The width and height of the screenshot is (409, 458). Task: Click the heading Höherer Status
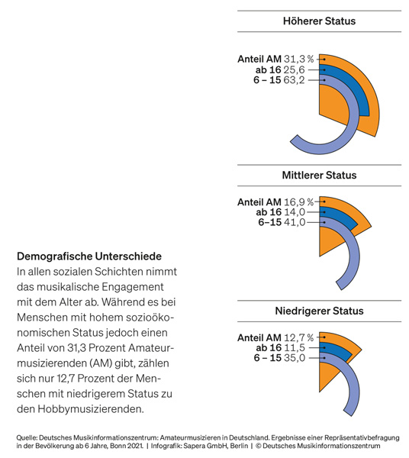[x=319, y=21]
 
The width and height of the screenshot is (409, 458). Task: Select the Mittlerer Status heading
[x=319, y=175]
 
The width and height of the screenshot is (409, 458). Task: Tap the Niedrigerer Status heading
[x=319, y=311]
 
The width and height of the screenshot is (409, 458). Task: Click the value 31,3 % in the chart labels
[x=298, y=59]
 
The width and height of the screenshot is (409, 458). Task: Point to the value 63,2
[x=294, y=79]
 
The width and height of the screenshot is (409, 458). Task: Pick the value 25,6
[x=294, y=69]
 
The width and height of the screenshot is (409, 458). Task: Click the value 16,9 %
[x=298, y=202]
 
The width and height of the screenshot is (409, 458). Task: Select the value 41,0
[x=295, y=222]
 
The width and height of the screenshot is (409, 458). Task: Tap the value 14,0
[x=295, y=212]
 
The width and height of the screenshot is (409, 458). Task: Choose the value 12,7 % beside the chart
[x=298, y=337]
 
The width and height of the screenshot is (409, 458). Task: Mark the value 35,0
[x=295, y=358]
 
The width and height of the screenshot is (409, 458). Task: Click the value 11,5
[x=295, y=348]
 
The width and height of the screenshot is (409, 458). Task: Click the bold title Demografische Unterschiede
[x=89, y=256]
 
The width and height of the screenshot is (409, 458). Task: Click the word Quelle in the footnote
[x=26, y=438]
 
